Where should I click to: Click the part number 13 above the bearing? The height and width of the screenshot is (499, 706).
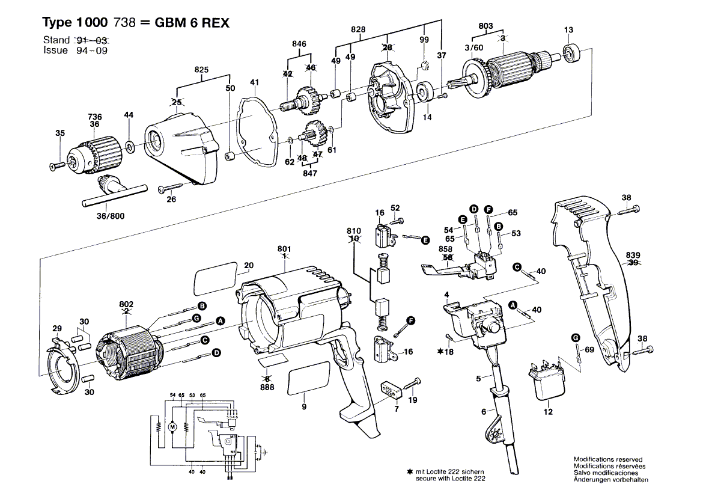(568, 30)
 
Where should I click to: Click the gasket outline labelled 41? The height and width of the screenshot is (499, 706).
(256, 129)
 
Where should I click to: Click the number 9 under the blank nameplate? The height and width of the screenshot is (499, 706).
(304, 407)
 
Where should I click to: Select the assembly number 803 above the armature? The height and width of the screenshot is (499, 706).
(486, 25)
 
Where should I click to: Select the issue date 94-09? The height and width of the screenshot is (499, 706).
(91, 51)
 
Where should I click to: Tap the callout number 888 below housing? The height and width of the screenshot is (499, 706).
(267, 388)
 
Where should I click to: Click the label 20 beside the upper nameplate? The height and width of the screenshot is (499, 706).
(249, 265)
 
